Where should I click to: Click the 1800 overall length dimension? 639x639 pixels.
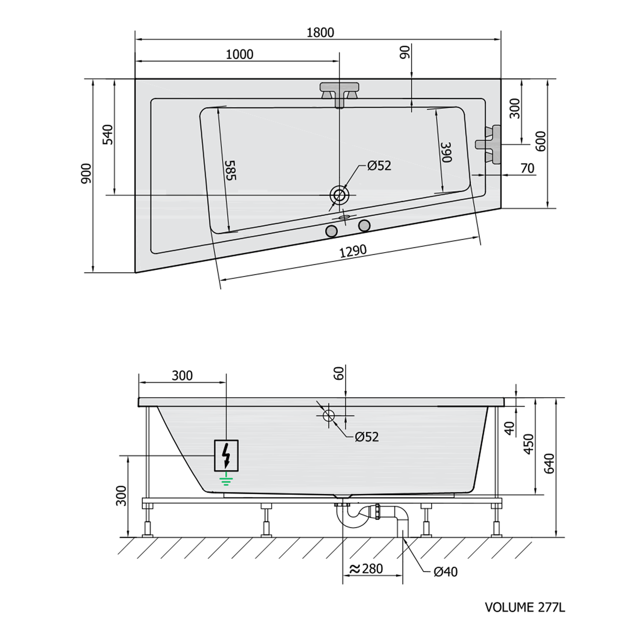click(x=320, y=33)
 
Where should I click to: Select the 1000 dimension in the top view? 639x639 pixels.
click(x=239, y=55)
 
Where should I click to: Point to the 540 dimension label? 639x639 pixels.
click(x=109, y=135)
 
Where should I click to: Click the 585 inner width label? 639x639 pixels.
click(x=230, y=170)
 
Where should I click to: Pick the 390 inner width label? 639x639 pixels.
click(x=446, y=152)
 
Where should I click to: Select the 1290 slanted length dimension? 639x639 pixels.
click(x=353, y=251)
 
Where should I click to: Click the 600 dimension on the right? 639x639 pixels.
click(x=541, y=141)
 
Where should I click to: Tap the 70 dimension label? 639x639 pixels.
click(x=527, y=169)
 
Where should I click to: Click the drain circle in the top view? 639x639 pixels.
click(x=339, y=195)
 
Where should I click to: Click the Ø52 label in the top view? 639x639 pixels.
click(x=379, y=165)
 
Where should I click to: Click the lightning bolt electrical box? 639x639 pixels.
click(x=226, y=455)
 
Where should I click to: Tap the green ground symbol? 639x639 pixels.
click(x=226, y=481)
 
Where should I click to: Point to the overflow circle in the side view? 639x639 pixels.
click(x=329, y=415)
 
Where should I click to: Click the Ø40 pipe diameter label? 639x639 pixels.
click(x=446, y=572)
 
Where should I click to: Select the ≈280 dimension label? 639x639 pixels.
click(x=366, y=569)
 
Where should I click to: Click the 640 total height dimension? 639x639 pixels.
click(x=550, y=463)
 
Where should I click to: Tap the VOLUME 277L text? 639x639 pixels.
click(x=525, y=607)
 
